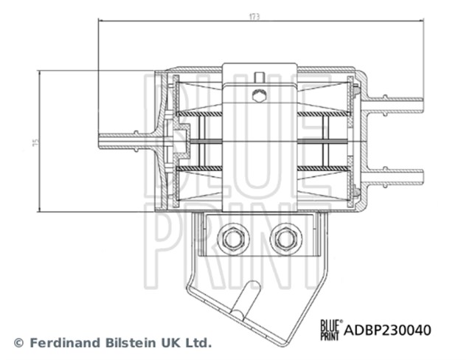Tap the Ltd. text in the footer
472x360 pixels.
198,343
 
